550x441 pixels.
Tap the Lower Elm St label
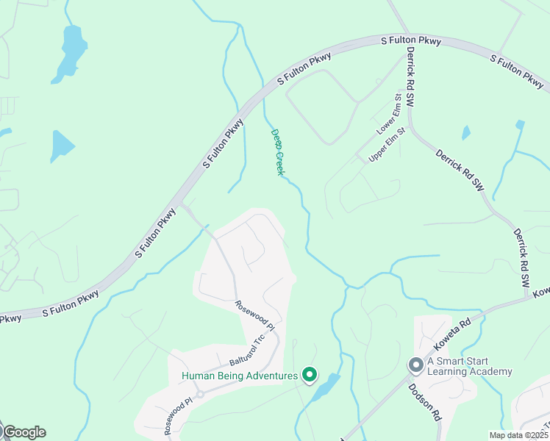389,113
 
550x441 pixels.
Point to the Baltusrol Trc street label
246,351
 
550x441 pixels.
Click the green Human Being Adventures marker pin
310,375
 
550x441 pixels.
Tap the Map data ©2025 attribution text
518,435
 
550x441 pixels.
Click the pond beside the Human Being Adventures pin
324,387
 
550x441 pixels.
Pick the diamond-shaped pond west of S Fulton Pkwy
61,146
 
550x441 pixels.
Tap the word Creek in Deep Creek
279,162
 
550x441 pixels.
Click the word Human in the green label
199,376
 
